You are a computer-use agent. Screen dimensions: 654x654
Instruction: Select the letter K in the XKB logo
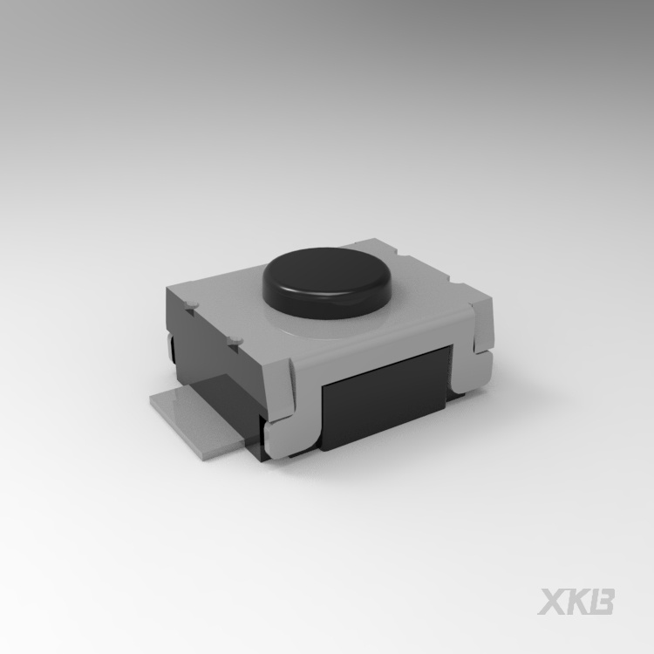coord(577,602)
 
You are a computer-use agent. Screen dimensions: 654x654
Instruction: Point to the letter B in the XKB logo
coord(602,602)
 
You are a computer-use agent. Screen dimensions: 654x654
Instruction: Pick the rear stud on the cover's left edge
coord(192,304)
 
